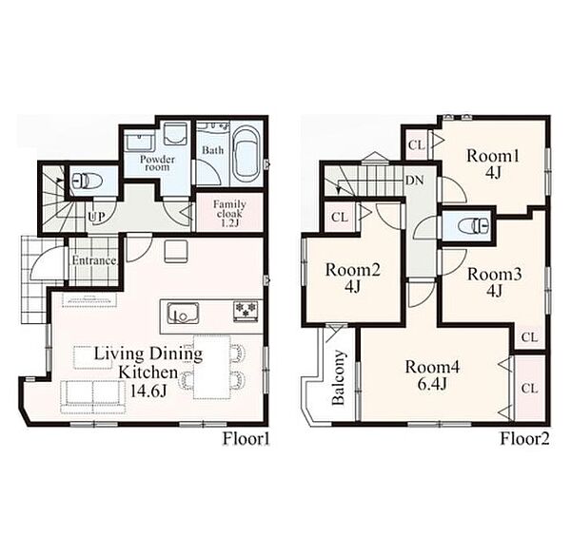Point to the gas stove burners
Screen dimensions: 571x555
(246, 311)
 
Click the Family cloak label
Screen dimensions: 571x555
(229, 213)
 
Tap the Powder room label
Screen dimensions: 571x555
(157, 163)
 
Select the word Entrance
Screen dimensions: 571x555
(94, 260)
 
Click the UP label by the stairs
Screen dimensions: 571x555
(96, 217)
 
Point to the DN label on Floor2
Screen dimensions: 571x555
(415, 180)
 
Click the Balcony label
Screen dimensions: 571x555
(339, 377)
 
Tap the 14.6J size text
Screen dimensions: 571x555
(149, 391)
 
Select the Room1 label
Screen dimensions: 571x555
(493, 156)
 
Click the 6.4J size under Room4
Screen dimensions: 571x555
(432, 384)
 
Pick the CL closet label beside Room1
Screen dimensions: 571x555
(417, 145)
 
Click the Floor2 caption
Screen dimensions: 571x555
(524, 438)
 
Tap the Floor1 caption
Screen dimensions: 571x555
(246, 438)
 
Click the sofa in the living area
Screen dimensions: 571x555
(93, 397)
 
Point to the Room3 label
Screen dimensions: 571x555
(495, 274)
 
